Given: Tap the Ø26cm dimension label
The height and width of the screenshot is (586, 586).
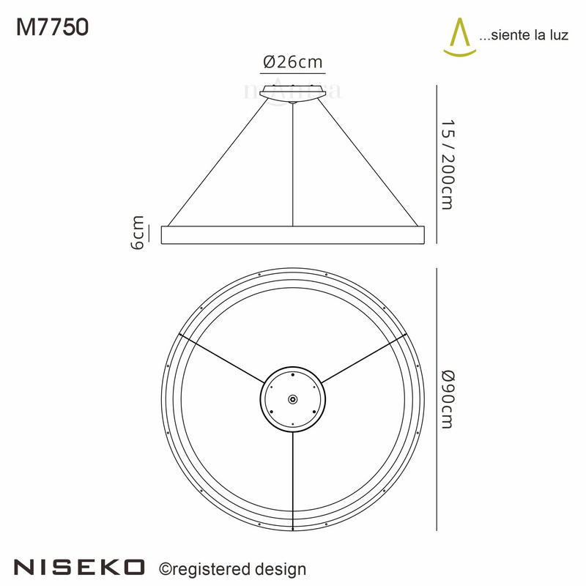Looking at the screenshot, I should pos(292,63).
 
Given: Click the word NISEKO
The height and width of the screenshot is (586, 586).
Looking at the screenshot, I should pos(81,567).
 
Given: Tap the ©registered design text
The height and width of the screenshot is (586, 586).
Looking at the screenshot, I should pos(233,568).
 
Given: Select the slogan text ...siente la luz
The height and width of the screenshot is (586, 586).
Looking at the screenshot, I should pos(524,34).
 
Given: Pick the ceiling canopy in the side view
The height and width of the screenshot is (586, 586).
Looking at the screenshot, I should pos(293,93).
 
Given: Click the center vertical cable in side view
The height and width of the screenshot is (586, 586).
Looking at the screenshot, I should pos(293,165).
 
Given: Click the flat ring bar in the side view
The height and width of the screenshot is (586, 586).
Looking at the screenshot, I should pos(293,235).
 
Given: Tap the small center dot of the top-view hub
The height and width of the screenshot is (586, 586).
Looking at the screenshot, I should pos(293,399).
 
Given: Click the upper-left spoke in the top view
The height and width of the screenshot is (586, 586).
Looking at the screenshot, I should pos(220,359).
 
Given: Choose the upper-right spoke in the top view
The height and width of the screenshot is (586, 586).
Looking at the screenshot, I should pos(365,359).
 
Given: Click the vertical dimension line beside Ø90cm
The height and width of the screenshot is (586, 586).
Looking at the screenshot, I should pos(437,399).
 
